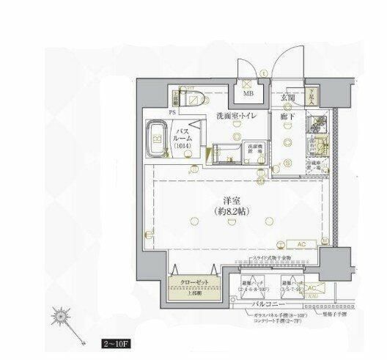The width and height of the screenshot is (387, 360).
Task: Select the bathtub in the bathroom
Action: pyautogui.click(x=158, y=138)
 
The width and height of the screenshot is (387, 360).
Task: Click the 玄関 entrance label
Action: pyautogui.click(x=288, y=98)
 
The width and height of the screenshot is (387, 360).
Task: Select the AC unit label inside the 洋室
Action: pyautogui.click(x=301, y=244)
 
